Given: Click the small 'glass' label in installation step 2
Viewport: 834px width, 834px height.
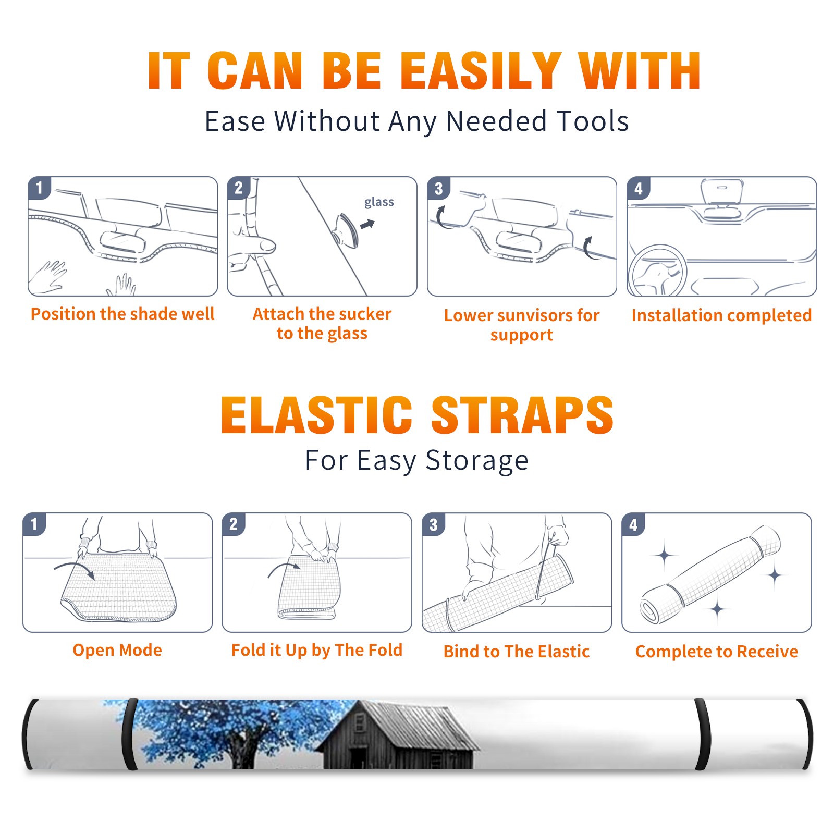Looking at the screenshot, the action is tap(379, 202).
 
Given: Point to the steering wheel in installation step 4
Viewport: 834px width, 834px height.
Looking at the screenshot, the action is tap(657, 271).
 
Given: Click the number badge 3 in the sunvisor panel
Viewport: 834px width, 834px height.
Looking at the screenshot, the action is tap(438, 188).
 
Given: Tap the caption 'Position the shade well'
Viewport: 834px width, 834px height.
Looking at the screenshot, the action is tap(122, 314).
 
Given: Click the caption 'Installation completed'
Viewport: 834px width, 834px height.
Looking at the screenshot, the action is tap(721, 315).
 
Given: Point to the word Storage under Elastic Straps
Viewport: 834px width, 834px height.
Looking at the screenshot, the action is tap(477, 461).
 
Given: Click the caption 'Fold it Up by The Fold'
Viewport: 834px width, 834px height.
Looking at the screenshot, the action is tap(317, 650).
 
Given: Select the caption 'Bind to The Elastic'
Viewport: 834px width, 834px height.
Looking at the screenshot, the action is tap(517, 652).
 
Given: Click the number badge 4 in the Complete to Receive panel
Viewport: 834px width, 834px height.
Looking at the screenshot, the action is tap(633, 524).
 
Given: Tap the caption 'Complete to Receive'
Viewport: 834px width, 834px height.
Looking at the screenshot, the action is tap(717, 652).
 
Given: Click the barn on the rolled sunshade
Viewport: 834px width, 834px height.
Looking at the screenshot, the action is tap(396, 735).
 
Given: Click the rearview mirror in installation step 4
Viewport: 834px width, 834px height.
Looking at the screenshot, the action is tap(722, 201).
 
